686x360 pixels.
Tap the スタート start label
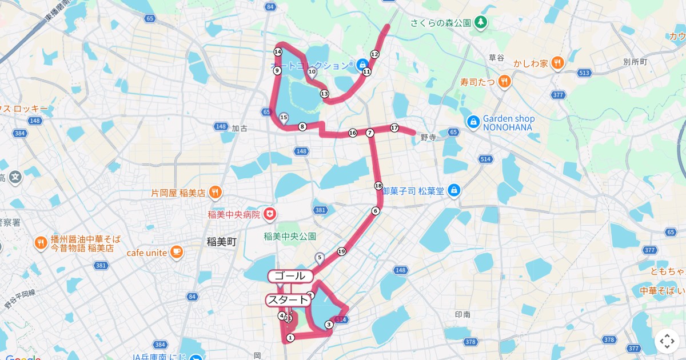(289, 300)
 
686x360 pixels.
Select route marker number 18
(378, 186)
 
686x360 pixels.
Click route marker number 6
(376, 211)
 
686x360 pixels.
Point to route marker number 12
(374, 54)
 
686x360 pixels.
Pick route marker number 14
(278, 51)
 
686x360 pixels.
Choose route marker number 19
(341, 251)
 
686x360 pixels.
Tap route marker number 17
(394, 127)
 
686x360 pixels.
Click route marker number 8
(302, 126)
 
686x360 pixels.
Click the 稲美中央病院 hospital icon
(269, 215)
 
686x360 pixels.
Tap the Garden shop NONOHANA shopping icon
(473, 122)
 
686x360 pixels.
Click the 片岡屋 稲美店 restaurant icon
(215, 193)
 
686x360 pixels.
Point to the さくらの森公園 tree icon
(481, 22)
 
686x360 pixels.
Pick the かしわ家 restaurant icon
(558, 62)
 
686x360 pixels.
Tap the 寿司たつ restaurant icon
(504, 82)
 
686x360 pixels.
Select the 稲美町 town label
(221, 242)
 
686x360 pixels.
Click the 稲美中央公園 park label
(290, 236)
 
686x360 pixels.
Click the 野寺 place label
(428, 137)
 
